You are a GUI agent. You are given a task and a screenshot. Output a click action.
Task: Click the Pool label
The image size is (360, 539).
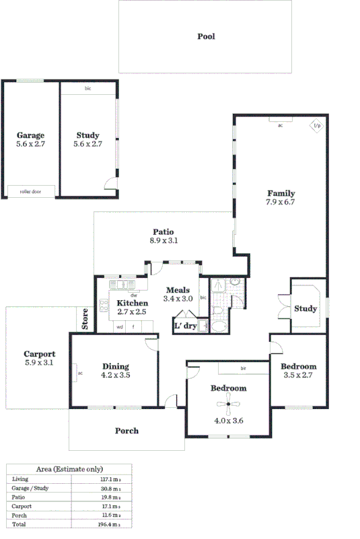(206, 36)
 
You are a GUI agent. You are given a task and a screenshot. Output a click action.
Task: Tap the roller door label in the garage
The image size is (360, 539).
(31, 192)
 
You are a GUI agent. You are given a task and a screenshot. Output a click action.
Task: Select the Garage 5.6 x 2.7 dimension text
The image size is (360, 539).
(31, 143)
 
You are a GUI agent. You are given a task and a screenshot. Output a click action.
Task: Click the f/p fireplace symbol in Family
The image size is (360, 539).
(316, 126)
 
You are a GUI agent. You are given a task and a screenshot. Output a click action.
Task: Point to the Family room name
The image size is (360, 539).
(281, 193)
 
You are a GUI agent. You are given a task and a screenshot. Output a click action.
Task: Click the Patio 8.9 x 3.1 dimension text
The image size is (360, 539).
(164, 240)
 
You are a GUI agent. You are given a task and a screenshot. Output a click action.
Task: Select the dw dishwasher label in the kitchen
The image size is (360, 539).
(134, 295)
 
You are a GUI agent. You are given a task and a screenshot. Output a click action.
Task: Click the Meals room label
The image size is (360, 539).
(178, 290)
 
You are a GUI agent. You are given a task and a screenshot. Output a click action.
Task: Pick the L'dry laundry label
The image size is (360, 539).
(185, 326)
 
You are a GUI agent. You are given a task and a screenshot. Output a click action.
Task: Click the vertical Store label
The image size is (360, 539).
(85, 319)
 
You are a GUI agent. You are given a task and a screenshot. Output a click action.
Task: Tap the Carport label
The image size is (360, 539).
(39, 354)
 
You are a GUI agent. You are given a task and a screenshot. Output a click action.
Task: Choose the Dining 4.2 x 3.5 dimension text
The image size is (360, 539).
(115, 375)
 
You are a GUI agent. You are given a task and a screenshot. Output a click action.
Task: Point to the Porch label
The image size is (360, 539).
(127, 431)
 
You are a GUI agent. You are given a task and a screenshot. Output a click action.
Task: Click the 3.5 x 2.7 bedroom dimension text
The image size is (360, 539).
(299, 375)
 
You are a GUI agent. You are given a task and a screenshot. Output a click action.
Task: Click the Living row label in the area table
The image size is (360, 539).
(20, 479)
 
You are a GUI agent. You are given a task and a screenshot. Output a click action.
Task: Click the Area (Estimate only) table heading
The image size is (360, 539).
(69, 469)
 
